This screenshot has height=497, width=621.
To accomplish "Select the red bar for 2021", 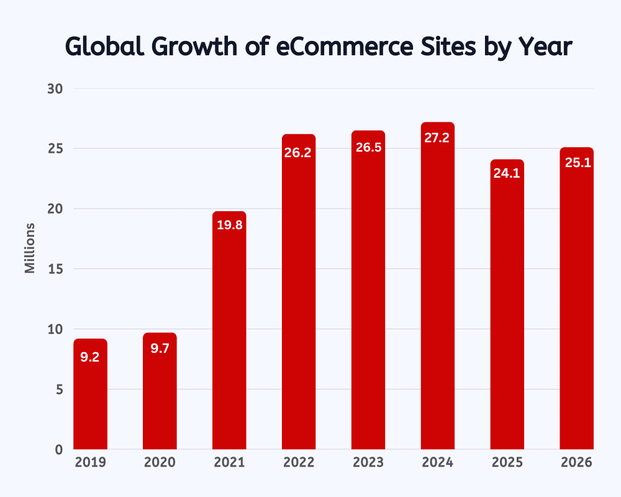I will pyautogui.click(x=229, y=335).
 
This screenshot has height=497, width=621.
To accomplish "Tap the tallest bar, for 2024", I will pyautogui.click(x=437, y=292).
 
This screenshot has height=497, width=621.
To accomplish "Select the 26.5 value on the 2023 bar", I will pyautogui.click(x=368, y=148).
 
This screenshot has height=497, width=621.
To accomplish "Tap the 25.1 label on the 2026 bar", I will pyautogui.click(x=576, y=163).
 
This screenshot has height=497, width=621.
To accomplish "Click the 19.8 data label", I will pyautogui.click(x=229, y=226).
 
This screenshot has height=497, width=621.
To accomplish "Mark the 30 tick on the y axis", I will pyautogui.click(x=56, y=89).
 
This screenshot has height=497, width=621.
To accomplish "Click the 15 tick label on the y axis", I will pyautogui.click(x=56, y=269).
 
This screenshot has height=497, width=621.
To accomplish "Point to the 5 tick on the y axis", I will pyautogui.click(x=60, y=390).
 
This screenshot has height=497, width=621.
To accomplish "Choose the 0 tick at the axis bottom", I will pyautogui.click(x=60, y=449).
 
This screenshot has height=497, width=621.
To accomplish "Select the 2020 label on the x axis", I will pyautogui.click(x=160, y=463).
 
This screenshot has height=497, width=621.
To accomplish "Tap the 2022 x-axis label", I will pyautogui.click(x=299, y=463).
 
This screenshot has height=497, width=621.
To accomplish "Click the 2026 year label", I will pyautogui.click(x=576, y=463).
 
